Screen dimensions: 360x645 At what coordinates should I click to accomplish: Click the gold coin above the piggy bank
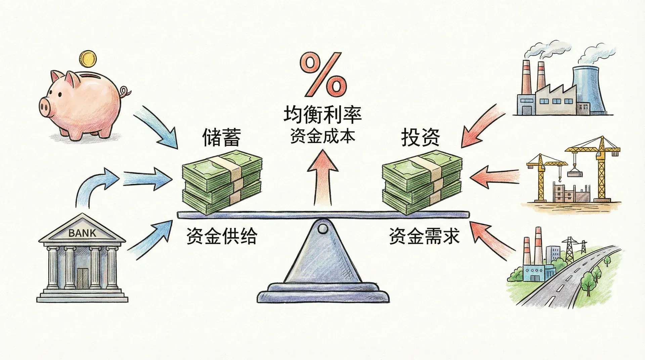[x=88, y=59]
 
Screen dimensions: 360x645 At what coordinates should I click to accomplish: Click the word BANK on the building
[x=82, y=233]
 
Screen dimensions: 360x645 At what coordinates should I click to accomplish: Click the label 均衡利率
[x=322, y=115]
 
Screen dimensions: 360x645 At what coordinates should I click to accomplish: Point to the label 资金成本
[x=322, y=137]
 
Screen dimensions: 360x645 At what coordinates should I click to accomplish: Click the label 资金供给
[x=221, y=236]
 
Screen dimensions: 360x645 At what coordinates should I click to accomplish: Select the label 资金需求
[x=424, y=236]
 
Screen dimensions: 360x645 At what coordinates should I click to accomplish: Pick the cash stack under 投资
[x=422, y=183]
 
